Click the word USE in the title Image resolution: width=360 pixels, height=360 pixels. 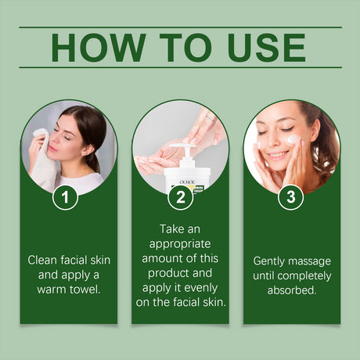click(x=262, y=48)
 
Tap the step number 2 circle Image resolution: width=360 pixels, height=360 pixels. click(x=180, y=197)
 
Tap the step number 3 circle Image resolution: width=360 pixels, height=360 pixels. click(x=291, y=197)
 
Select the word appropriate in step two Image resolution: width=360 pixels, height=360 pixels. click(x=180, y=243)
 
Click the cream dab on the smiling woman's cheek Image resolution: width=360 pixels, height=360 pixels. click(x=293, y=139)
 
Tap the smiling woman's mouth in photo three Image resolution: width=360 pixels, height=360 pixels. click(x=277, y=156)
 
